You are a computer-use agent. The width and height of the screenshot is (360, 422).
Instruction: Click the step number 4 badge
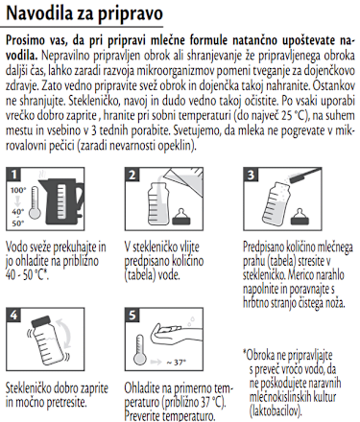[x=14, y=314]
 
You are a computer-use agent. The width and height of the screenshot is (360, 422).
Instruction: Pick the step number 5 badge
[x=134, y=314]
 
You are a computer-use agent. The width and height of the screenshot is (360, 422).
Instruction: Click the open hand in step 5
[x=174, y=340]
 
